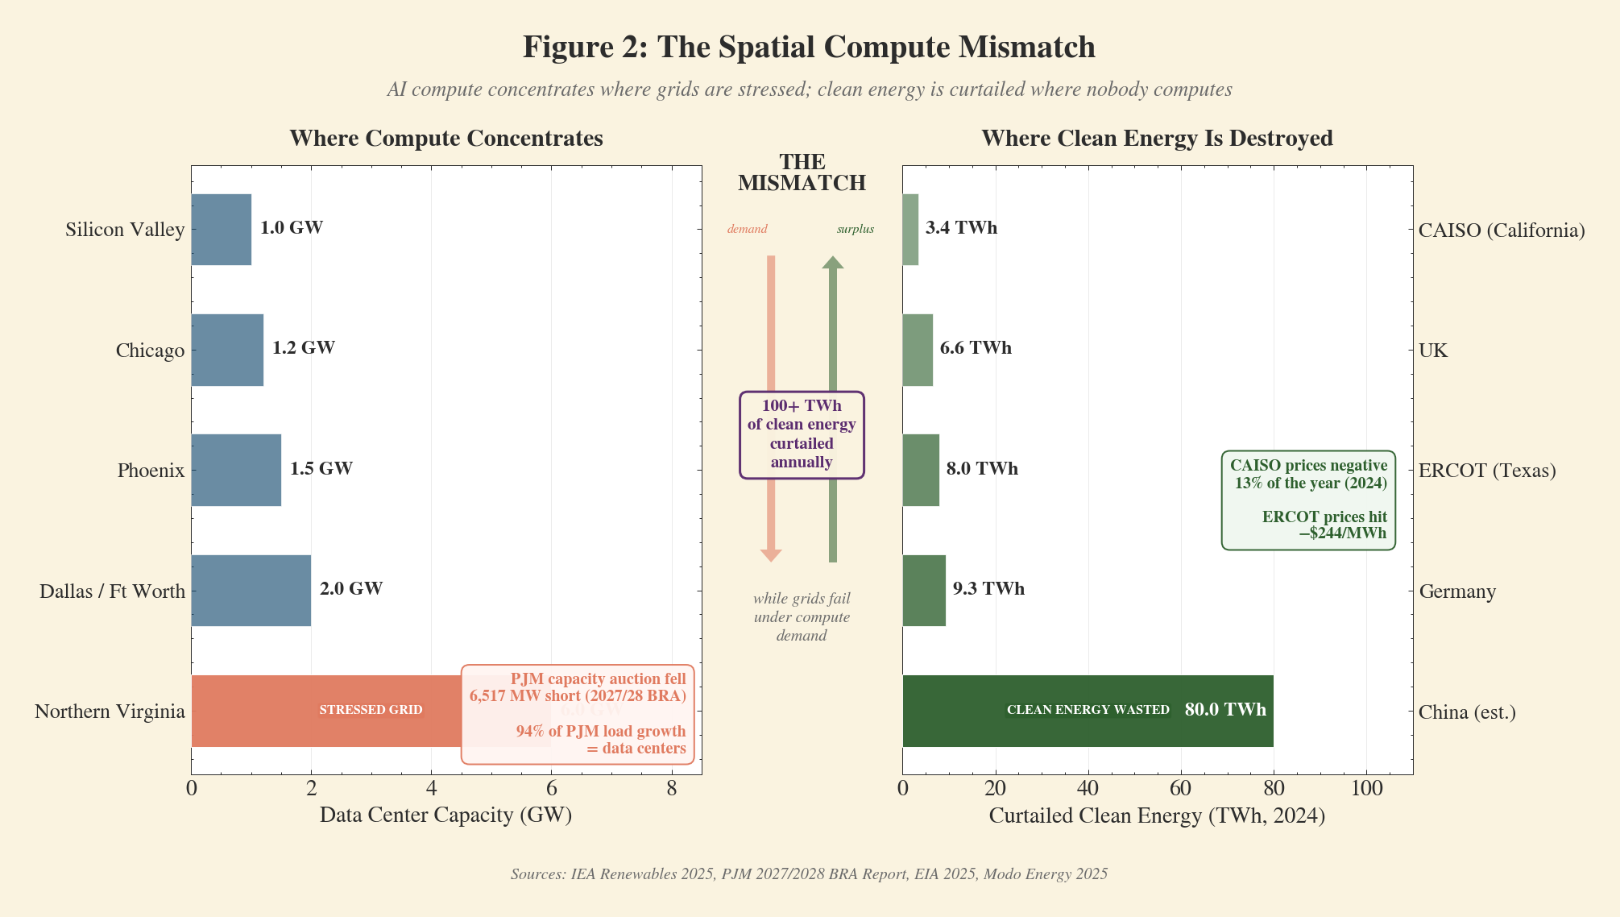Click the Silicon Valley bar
(x=221, y=230)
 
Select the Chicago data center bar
(x=227, y=350)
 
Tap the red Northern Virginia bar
(x=322, y=711)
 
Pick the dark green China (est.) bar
(x=1088, y=711)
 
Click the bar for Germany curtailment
(x=924, y=591)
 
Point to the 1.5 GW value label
(x=321, y=468)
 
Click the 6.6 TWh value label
(x=976, y=348)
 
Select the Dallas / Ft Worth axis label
(x=112, y=591)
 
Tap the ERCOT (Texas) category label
(x=1487, y=471)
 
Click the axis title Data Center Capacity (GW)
(x=445, y=815)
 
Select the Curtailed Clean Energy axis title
(x=1157, y=815)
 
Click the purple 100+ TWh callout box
(x=802, y=435)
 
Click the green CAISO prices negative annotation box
(x=1308, y=500)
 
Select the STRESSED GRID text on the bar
(x=371, y=710)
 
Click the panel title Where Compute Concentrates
(x=445, y=139)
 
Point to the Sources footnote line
(x=809, y=874)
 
